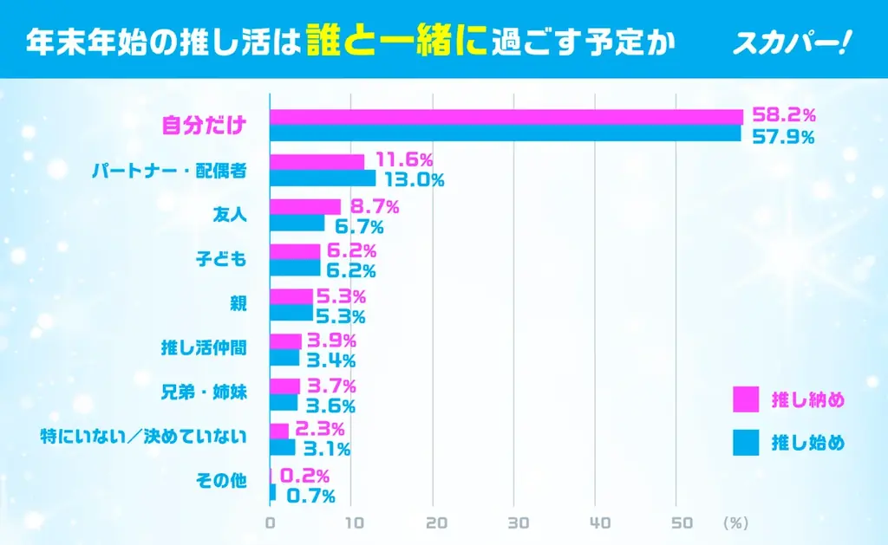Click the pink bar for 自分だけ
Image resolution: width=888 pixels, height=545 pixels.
coord(506,117)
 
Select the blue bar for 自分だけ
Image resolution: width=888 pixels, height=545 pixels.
coord(506,133)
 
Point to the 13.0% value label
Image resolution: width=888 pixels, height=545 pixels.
coord(412,180)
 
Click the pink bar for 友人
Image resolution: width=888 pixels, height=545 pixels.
coord(305,206)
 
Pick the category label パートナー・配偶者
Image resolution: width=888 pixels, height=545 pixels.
coord(169,171)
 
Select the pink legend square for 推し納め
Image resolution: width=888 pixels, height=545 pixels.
coord(745,399)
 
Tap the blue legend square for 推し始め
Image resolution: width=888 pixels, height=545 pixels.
coord(745,443)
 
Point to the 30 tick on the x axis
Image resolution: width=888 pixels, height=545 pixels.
coord(518,523)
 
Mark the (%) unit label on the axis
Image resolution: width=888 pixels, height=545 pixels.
coord(735,523)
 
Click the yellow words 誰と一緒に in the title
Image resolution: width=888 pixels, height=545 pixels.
coord(396,42)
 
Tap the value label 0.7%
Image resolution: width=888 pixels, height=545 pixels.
coord(310,496)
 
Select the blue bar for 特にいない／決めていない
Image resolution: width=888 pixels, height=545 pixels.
coord(283,447)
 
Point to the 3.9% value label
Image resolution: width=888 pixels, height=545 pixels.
coord(331,341)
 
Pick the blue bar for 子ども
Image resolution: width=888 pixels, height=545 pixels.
coord(295,268)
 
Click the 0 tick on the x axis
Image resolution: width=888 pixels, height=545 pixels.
coord(271,523)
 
